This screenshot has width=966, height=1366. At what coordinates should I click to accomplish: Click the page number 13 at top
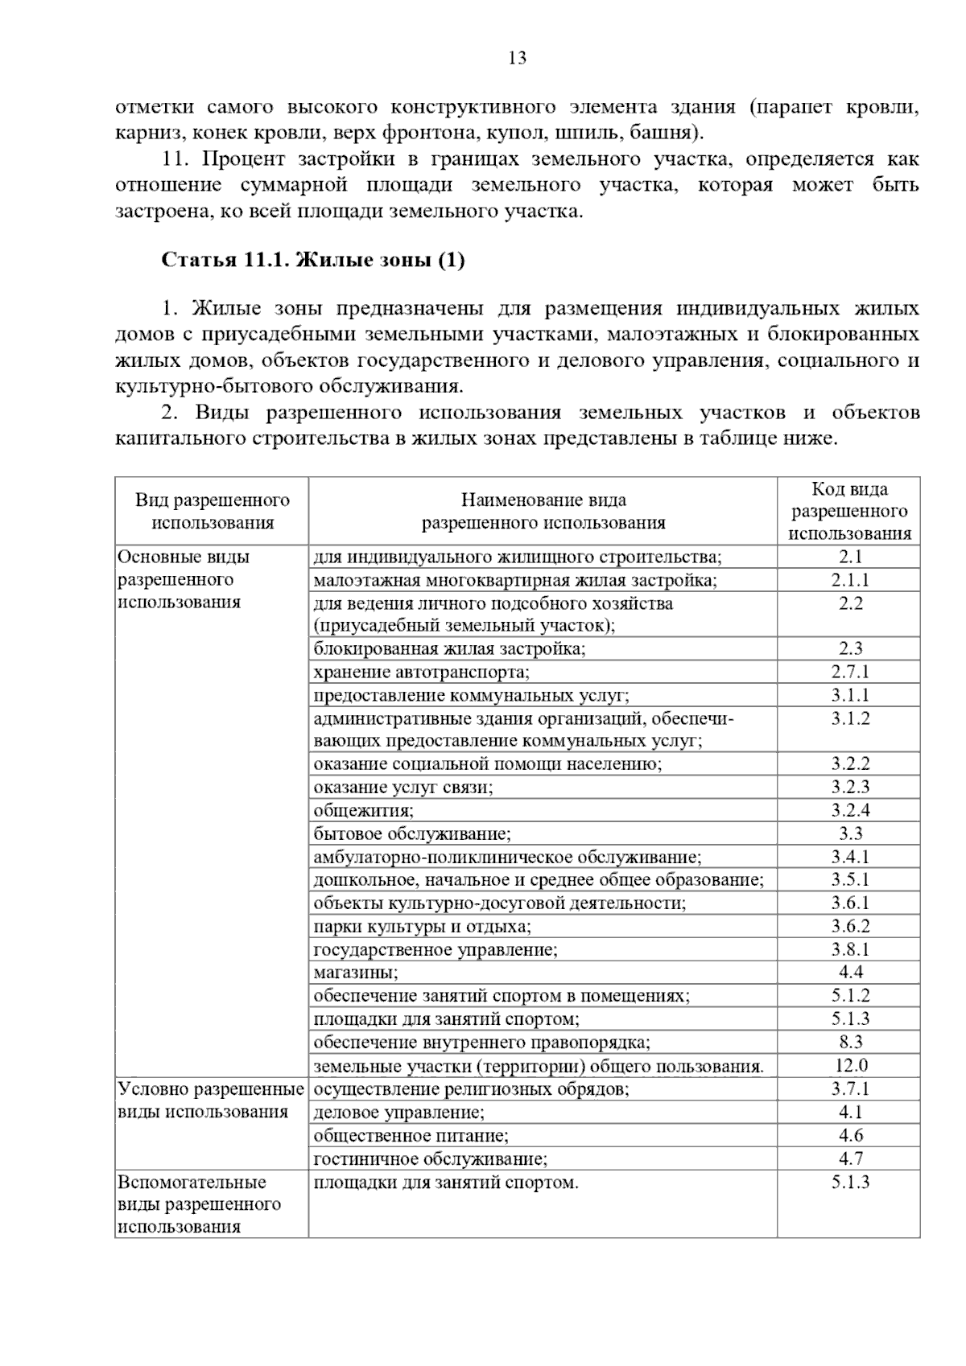coord(517,58)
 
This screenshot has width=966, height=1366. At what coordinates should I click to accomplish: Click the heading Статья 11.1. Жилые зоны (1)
coord(313,261)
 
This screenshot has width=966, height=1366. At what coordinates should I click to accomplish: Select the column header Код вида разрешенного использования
coord(849,511)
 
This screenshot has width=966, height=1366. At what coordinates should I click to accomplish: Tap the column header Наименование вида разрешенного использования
coord(543,511)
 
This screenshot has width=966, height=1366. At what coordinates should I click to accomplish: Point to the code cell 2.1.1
coord(849,580)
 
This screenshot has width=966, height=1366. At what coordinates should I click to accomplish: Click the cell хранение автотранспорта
coord(422,672)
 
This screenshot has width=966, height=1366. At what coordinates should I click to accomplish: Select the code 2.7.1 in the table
coord(849,672)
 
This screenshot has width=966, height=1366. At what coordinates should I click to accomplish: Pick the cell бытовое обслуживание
coord(412,833)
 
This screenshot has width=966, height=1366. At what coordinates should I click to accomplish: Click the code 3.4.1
coord(849,857)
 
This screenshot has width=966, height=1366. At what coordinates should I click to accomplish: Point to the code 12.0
coord(849,1066)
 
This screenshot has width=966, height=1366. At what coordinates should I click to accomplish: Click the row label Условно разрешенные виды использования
coord(211,1101)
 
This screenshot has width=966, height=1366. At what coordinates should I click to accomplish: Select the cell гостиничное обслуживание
coord(431,1159)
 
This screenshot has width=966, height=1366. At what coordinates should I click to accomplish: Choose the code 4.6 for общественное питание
coord(849,1136)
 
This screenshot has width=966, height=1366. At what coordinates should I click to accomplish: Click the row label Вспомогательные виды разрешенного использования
coord(200,1204)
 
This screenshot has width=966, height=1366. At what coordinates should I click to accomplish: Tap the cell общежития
coord(364,810)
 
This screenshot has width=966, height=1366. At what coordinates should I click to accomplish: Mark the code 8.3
coord(849,1043)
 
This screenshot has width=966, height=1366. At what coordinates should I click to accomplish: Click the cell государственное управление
coord(436,949)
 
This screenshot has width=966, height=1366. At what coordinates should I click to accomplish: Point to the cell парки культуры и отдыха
coord(423,926)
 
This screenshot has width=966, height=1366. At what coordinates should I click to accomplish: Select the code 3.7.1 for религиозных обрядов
coord(849,1089)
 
